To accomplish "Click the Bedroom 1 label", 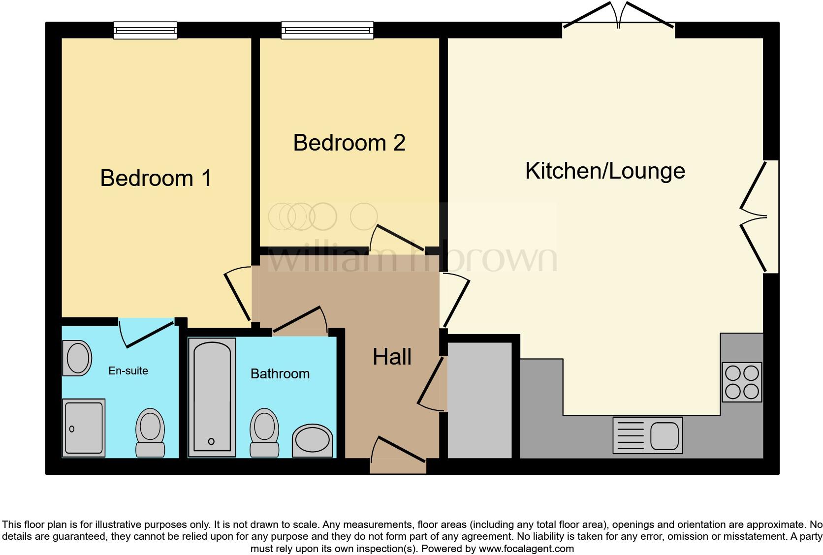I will [x=156, y=178].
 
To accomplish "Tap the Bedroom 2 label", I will [x=349, y=143].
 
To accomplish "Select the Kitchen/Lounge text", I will [x=605, y=171].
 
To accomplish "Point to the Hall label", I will [x=392, y=357].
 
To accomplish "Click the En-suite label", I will [x=128, y=370].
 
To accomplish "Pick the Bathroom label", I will [x=280, y=373].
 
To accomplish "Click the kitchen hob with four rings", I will [x=742, y=382].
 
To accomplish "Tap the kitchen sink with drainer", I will [x=648, y=435].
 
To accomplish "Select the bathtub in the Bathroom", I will [x=212, y=396].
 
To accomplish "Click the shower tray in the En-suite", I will [x=84, y=427].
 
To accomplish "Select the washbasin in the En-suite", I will [x=78, y=358].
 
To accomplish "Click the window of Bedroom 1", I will [x=145, y=31].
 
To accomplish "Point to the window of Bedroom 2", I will [x=327, y=31].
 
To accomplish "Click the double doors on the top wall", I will [x=619, y=20].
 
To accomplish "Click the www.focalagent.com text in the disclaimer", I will [x=526, y=548].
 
